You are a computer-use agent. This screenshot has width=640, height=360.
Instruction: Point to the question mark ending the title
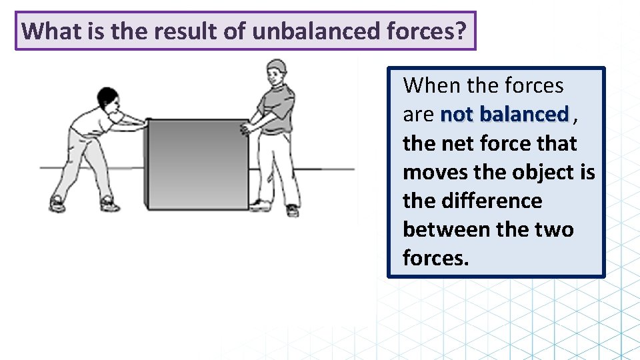[x=461, y=31]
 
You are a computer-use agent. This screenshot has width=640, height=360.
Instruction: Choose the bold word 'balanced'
[x=524, y=115]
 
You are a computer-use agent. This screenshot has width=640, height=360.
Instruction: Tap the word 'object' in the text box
[x=544, y=172]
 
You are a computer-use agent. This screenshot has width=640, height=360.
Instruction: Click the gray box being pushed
[x=198, y=163]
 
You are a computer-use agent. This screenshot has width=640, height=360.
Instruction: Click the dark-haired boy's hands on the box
[x=139, y=121]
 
